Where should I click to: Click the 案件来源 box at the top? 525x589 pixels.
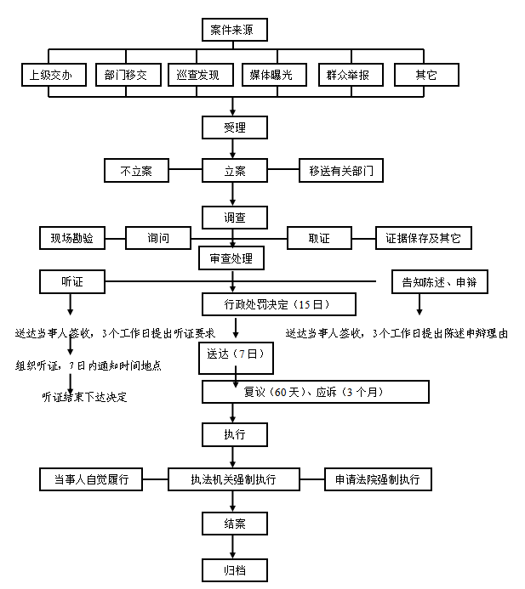click(x=235, y=30)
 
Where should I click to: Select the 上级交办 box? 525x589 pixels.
click(x=54, y=75)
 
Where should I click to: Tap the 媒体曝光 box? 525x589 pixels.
click(x=274, y=75)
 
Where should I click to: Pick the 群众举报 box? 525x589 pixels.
click(x=351, y=75)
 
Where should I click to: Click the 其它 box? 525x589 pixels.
click(x=426, y=75)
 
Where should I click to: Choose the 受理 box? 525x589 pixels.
click(x=235, y=127)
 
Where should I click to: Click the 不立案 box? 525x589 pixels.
click(x=136, y=171)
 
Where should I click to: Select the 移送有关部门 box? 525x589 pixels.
click(x=341, y=171)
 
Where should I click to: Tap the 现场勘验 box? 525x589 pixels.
click(x=72, y=238)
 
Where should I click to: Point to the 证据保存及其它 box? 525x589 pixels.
click(x=424, y=238)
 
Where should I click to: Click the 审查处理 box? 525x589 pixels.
click(x=231, y=258)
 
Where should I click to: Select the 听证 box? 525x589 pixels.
click(x=72, y=281)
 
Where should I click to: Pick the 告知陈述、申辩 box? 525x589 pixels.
click(x=440, y=281)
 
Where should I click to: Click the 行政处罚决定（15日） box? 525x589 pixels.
click(x=279, y=304)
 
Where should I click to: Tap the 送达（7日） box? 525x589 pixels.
click(x=236, y=358)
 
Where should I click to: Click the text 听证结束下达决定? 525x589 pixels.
click(x=84, y=397)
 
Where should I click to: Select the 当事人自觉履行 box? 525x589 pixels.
click(x=91, y=479)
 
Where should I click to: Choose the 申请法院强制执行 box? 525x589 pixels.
click(x=378, y=479)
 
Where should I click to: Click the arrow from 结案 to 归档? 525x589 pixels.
click(x=233, y=547)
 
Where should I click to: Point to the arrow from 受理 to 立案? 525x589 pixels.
click(x=233, y=149)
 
